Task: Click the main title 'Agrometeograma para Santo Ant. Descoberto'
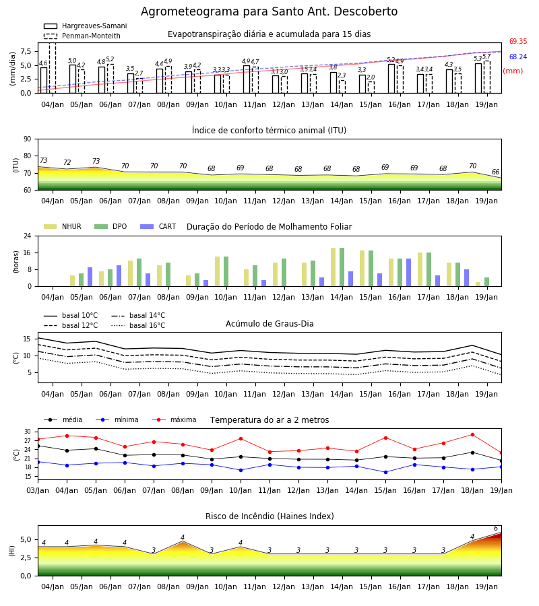[269, 11]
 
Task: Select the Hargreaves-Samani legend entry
[86, 26]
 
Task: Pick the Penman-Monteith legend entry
[82, 36]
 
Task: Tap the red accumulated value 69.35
[518, 41]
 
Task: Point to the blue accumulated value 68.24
[518, 57]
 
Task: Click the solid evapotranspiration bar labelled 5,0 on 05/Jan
[73, 79]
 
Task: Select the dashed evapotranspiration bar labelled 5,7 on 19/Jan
[487, 77]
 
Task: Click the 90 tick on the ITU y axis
[28, 139]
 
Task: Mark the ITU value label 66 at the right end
[495, 172]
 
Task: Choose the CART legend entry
[158, 226]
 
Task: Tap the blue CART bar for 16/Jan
[409, 273]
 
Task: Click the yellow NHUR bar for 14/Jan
[334, 267]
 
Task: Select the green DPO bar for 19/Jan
[487, 282]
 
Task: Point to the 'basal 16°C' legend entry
[138, 325]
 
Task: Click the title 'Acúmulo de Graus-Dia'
[269, 324]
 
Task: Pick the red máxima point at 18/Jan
[472, 435]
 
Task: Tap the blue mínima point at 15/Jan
[385, 472]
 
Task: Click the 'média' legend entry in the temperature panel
[63, 419]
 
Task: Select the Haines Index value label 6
[496, 529]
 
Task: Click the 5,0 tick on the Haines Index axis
[26, 540]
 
